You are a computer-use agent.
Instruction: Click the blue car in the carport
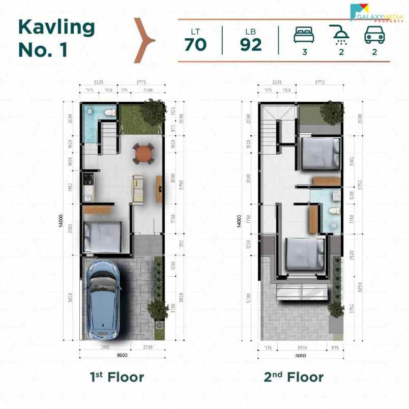[x=103, y=300]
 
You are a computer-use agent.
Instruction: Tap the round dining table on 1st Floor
[x=143, y=153]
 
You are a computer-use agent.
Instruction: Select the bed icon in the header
[x=304, y=35]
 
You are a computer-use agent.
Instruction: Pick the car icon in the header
[x=374, y=35]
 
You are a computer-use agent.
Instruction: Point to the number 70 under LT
[x=195, y=45]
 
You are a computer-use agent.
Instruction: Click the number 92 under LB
[x=251, y=45]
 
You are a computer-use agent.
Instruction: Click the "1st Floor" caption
[x=117, y=377]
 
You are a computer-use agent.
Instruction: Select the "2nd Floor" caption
[x=294, y=377]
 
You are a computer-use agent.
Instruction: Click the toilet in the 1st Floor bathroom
[x=109, y=112]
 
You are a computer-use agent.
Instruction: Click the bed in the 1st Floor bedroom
[x=102, y=237]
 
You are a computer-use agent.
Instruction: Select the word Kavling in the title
[x=56, y=27]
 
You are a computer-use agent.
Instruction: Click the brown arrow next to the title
[x=144, y=40]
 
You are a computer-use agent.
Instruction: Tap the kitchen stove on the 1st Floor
[x=87, y=180]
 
